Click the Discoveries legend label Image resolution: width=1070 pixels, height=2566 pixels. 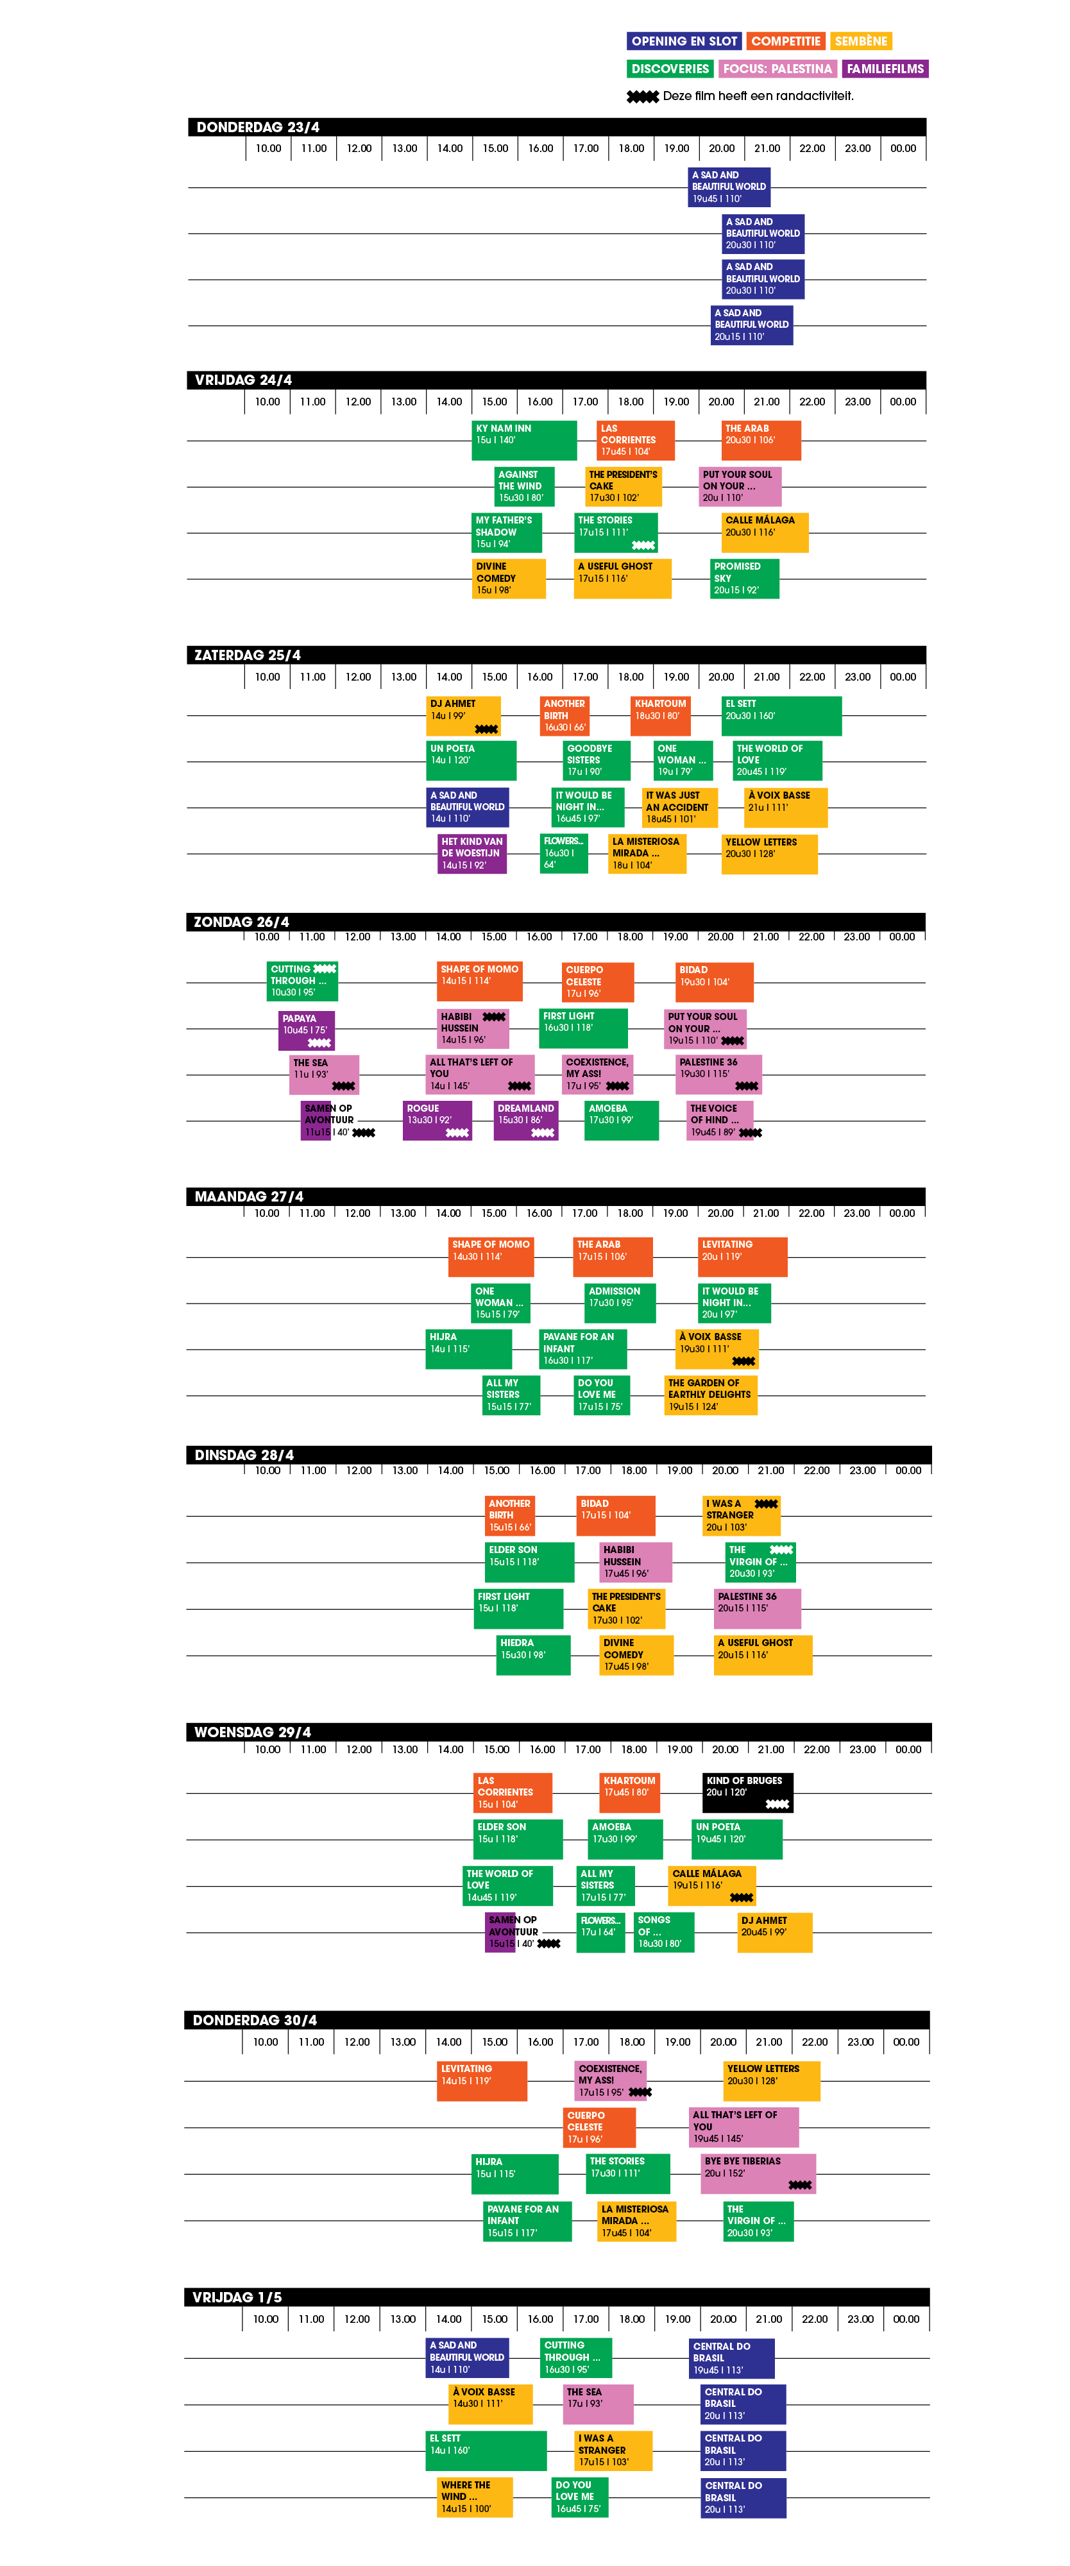click(x=670, y=69)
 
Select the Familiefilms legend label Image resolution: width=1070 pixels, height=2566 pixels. click(x=885, y=69)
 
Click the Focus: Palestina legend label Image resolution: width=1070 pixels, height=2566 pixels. click(x=776, y=69)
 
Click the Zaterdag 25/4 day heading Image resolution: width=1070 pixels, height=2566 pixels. click(x=247, y=654)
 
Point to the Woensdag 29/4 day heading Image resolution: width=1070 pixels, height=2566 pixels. click(x=252, y=1732)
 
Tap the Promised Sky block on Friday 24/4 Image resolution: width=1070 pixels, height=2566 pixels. click(x=744, y=579)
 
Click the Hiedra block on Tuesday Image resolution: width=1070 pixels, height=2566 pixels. click(x=534, y=1654)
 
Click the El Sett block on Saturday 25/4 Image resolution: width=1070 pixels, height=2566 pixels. click(x=781, y=715)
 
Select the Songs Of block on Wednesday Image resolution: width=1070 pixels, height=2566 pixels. click(x=663, y=1932)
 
